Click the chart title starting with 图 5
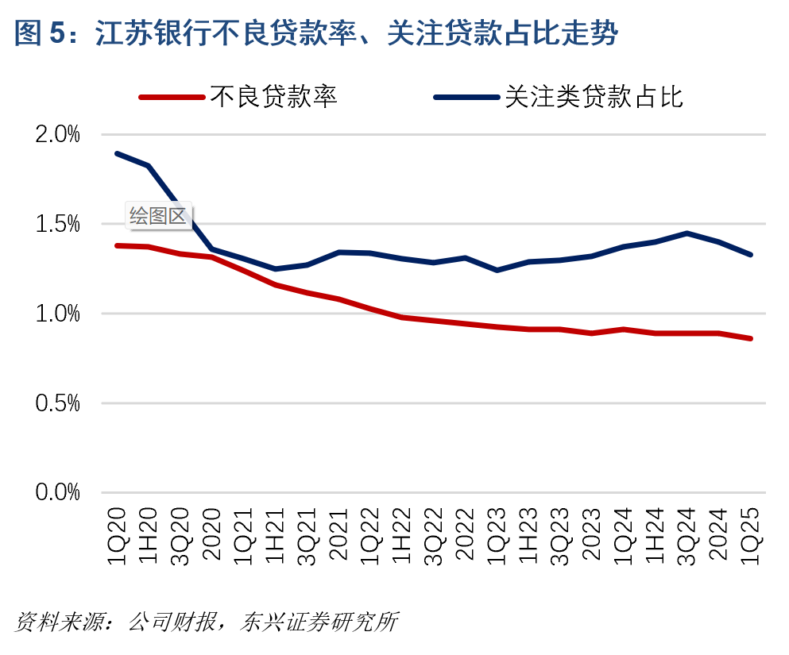(316, 34)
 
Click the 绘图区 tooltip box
(159, 216)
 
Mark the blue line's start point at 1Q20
(117, 153)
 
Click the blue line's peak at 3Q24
(687, 233)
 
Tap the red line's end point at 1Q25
(751, 338)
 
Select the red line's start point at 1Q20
(117, 245)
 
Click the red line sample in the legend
(171, 98)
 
